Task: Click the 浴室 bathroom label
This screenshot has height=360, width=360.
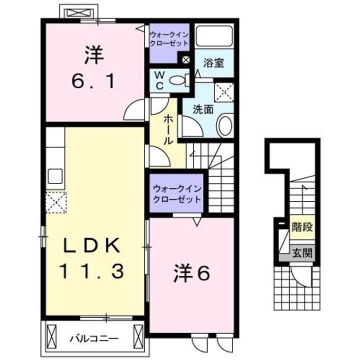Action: (x=213, y=63)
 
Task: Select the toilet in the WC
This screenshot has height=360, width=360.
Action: (x=177, y=79)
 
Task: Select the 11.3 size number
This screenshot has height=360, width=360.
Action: (x=92, y=271)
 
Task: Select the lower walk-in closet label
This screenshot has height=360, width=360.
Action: (x=177, y=193)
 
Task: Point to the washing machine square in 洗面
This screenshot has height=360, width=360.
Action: (x=223, y=92)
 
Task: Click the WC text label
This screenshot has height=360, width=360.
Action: (x=159, y=80)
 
